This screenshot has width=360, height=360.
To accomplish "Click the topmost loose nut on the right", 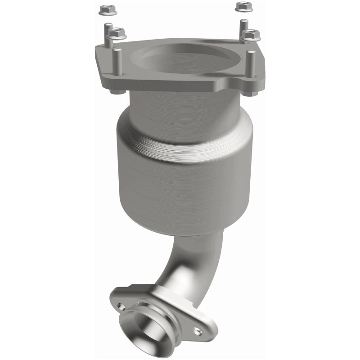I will [x=243, y=6].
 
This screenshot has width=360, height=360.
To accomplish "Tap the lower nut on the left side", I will [x=117, y=32].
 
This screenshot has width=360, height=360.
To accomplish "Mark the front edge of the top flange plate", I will [x=180, y=86].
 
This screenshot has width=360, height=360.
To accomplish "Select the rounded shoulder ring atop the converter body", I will [x=184, y=135].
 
